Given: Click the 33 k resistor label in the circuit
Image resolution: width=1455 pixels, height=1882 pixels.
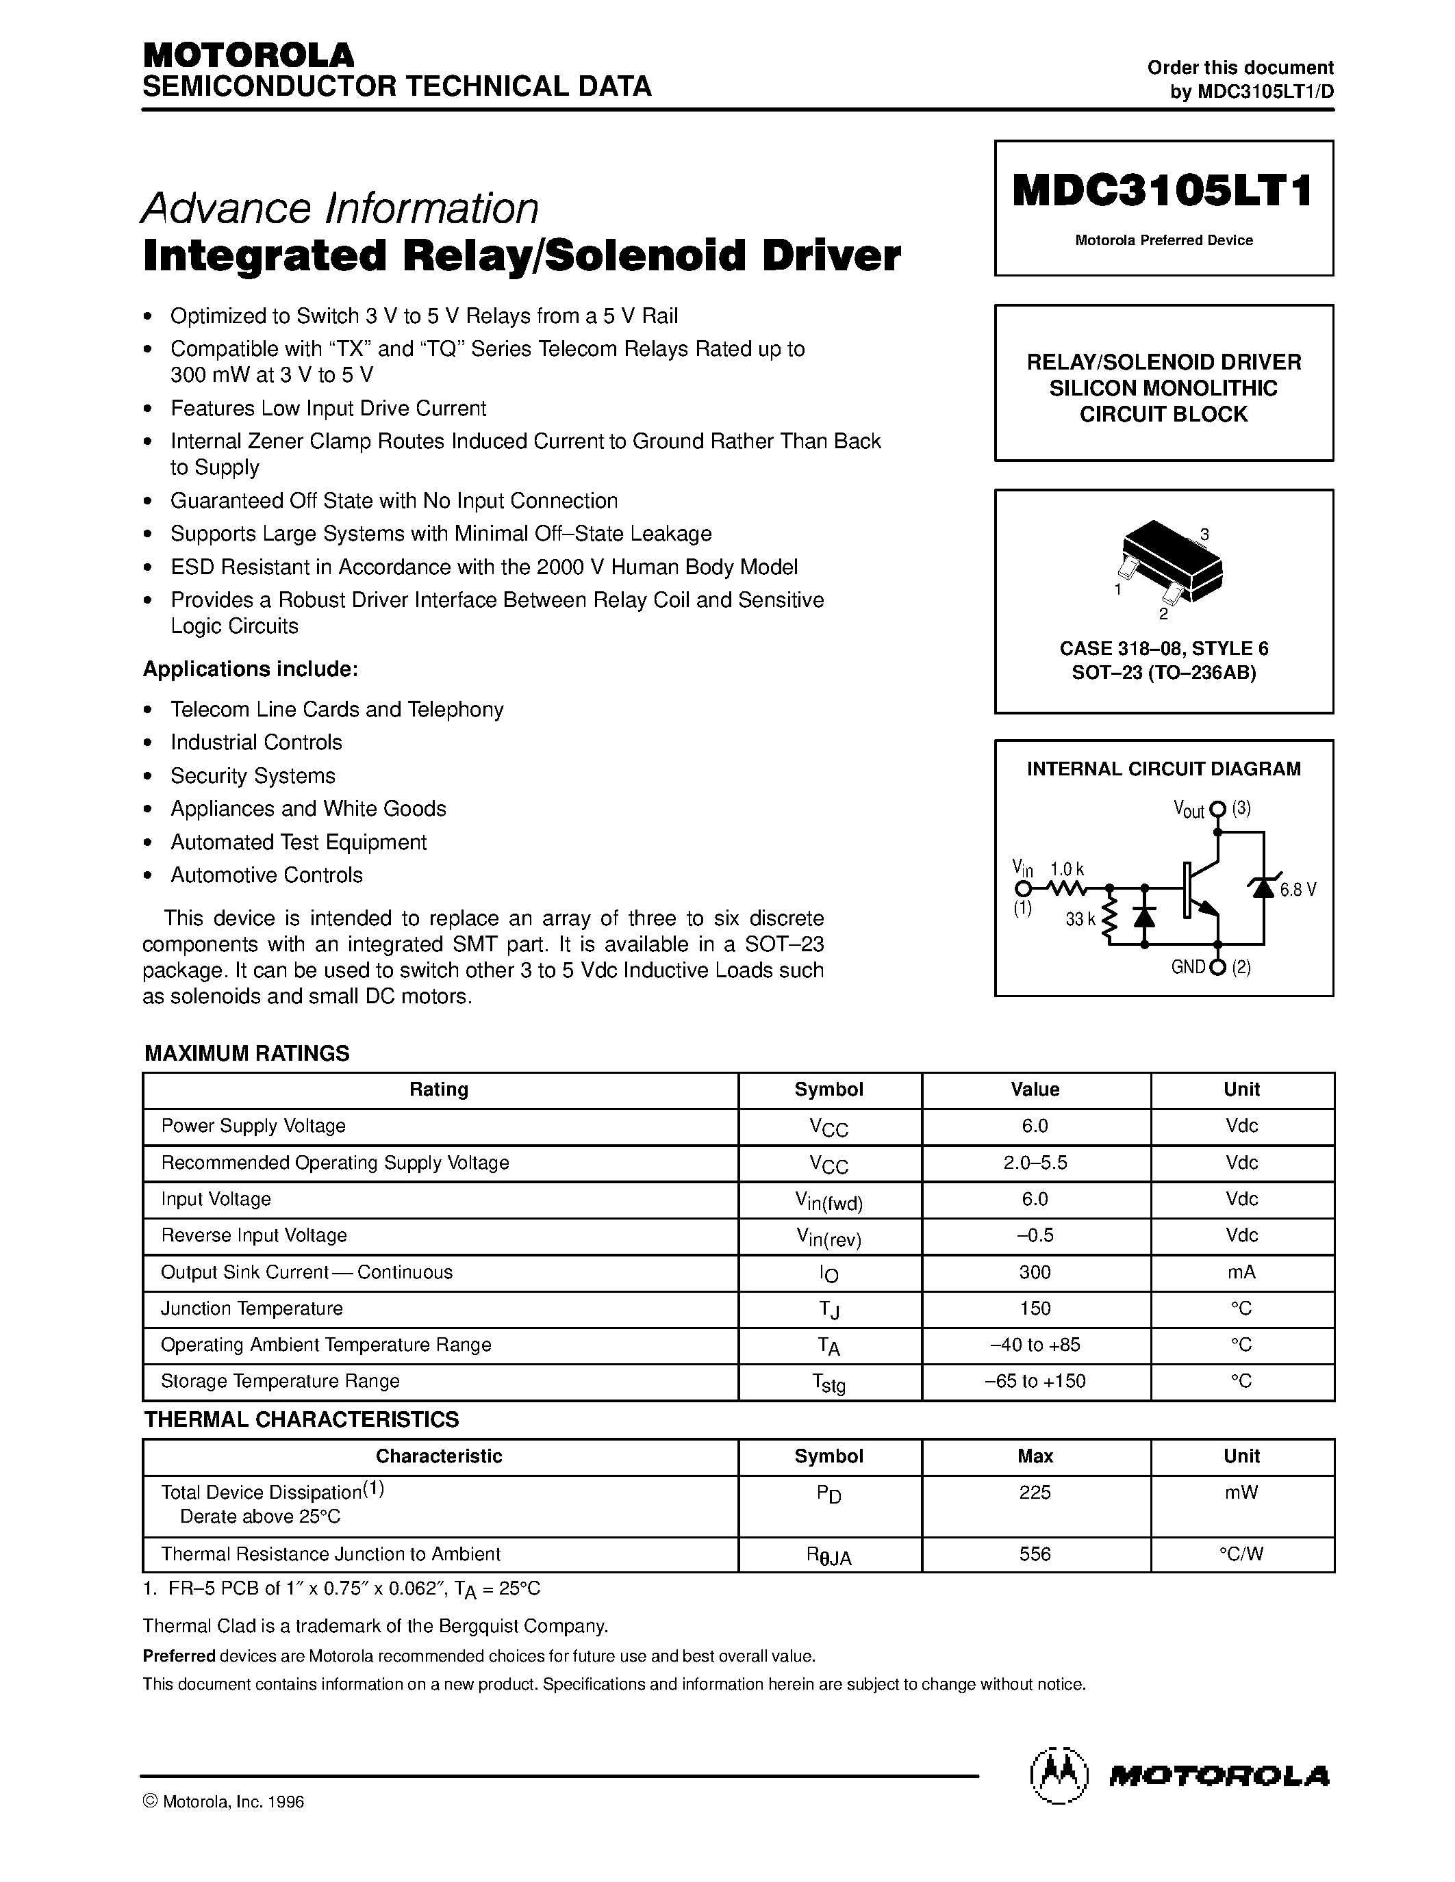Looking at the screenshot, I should (x=1079, y=920).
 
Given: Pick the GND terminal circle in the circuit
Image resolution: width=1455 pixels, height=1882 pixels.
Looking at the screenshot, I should (x=1217, y=967).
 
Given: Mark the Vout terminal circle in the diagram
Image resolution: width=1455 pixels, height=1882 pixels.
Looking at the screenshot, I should (x=1217, y=809).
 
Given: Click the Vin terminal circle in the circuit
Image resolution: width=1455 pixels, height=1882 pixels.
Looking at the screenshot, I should (x=1022, y=888).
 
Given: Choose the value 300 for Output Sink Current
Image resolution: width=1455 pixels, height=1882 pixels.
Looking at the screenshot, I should (x=1035, y=1272).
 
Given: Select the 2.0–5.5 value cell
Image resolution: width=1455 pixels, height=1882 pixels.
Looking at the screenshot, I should (x=1035, y=1163).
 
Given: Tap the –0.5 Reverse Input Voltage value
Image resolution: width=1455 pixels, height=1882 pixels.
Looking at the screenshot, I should (x=1035, y=1235).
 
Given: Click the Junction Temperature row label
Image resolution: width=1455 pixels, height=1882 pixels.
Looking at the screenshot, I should (x=252, y=1308).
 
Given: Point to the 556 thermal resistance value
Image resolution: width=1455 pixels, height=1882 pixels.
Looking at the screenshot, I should (x=1035, y=1554).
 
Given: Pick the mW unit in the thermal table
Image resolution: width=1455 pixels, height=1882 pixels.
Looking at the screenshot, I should (x=1241, y=1493).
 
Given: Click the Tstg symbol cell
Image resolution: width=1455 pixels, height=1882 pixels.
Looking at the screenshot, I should (x=828, y=1382).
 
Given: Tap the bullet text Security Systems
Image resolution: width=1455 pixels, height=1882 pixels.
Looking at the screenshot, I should (x=253, y=775).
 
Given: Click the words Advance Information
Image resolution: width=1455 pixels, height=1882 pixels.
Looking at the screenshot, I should (x=340, y=207).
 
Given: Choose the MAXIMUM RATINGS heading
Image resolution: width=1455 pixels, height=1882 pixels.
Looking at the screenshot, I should (x=246, y=1053).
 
